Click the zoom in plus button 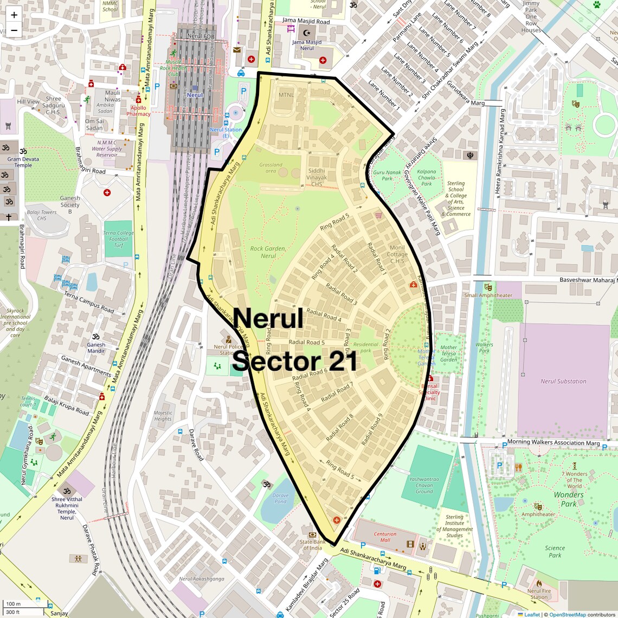coord(14,15)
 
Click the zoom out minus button coord(14,30)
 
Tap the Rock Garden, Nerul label coord(268,252)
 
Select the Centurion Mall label coord(385,537)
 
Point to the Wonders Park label coord(568,499)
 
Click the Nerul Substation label coord(563,381)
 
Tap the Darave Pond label coord(280,498)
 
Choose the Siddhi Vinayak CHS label coord(317,177)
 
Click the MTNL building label coord(286,95)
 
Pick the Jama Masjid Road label coord(306,21)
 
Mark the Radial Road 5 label coord(307,342)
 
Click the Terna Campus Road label coord(89,302)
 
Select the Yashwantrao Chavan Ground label coord(424,485)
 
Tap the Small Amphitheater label coord(488,295)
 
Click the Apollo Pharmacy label coord(138,111)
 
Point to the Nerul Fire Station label coord(538,594)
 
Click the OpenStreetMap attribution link coord(567,614)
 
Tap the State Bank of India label coord(312,545)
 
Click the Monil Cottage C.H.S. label coord(397,254)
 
